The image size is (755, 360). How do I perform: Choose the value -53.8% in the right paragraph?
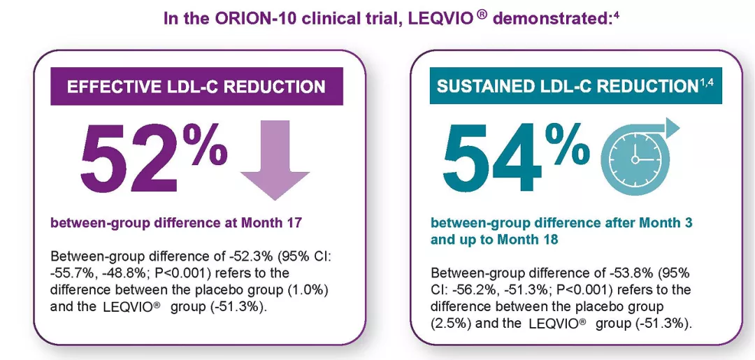click(x=599, y=273)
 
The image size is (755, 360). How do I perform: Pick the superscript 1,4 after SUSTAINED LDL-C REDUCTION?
click(x=710, y=82)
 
